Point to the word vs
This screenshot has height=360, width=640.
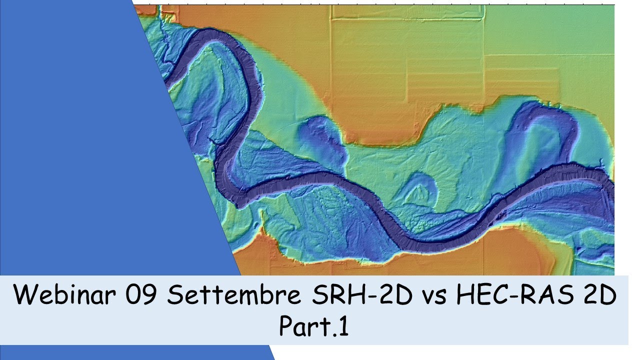click(429, 297)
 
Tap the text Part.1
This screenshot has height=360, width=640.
click(313, 327)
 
